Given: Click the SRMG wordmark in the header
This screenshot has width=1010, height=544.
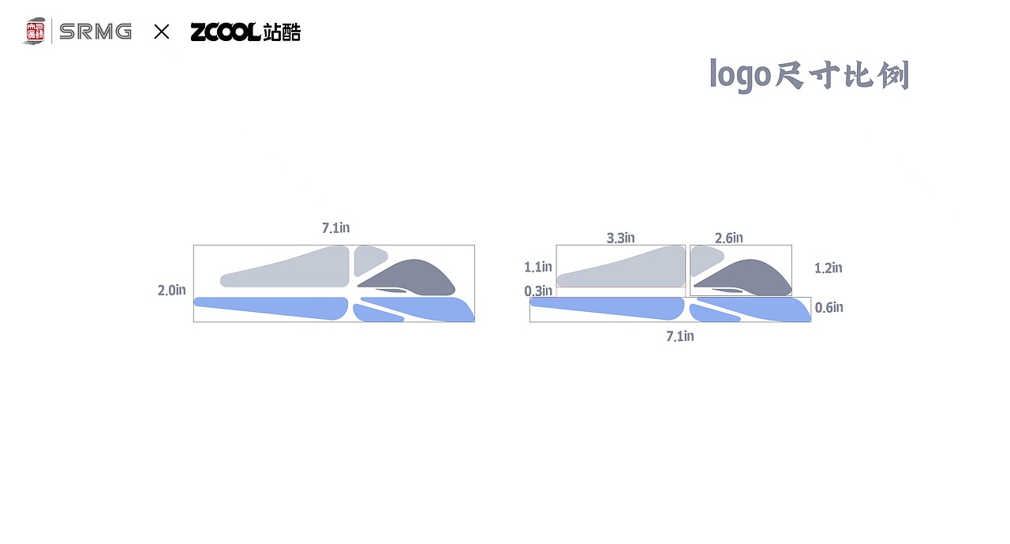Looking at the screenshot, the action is tap(95, 32).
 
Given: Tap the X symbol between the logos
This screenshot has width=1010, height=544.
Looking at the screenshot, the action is tap(162, 32).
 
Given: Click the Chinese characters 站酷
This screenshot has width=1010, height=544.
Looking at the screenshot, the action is tap(282, 32).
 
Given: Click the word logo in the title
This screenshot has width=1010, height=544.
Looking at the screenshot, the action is tap(740, 75).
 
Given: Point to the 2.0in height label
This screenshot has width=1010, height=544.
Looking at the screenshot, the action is tap(172, 291).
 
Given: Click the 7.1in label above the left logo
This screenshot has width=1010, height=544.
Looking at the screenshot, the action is tap(336, 228).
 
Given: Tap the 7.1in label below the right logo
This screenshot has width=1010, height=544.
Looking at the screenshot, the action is tap(680, 336).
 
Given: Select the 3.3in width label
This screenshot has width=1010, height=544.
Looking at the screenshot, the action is tap(621, 238).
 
